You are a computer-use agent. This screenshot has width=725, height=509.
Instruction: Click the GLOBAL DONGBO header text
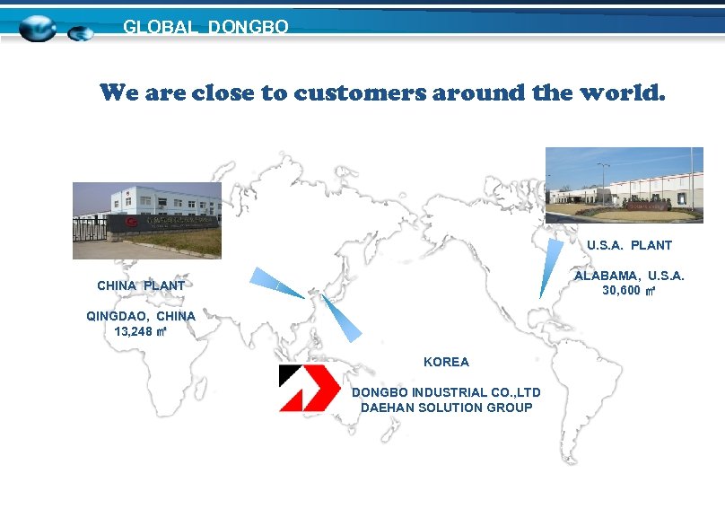pyautogui.click(x=205, y=28)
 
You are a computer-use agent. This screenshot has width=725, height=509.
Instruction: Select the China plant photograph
pyautogui.click(x=146, y=220)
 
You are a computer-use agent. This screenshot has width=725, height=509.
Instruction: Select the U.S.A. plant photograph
pyautogui.click(x=624, y=184)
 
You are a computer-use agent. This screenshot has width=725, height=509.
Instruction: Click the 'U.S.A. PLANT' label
pyautogui.click(x=629, y=245)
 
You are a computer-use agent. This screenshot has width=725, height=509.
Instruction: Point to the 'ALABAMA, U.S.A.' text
pyautogui.click(x=629, y=276)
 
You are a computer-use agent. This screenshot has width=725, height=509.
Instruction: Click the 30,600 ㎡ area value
pyautogui.click(x=629, y=291)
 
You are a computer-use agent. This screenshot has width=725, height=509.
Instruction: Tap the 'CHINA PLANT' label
pyautogui.click(x=141, y=285)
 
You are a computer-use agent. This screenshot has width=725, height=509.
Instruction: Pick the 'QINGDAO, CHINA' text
pyautogui.click(x=141, y=316)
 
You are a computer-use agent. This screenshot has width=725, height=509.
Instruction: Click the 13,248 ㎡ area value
pyautogui.click(x=141, y=331)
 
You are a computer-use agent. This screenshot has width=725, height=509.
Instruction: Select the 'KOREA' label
pyautogui.click(x=446, y=362)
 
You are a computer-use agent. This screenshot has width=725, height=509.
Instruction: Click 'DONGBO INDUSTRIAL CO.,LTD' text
pyautogui.click(x=446, y=392)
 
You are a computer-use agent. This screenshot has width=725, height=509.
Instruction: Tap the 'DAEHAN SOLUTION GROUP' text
pyautogui.click(x=446, y=408)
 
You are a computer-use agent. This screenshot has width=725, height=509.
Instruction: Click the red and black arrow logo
pyautogui.click(x=309, y=388)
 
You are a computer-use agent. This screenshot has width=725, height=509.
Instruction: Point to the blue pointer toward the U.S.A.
pyautogui.click(x=551, y=267)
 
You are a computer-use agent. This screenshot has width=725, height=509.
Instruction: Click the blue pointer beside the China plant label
pyautogui.click(x=275, y=283)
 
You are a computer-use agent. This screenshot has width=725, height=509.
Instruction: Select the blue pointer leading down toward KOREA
pyautogui.click(x=342, y=318)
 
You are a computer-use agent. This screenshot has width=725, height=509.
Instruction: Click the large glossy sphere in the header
pyautogui.click(x=38, y=29)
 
